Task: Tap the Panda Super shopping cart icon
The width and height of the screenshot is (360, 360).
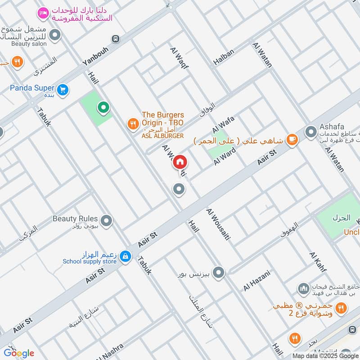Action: coord(63,90)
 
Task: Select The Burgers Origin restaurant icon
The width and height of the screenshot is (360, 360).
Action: coord(133,124)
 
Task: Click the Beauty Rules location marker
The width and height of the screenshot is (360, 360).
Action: coord(107,220)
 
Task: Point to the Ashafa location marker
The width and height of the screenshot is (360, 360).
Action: coord(311,132)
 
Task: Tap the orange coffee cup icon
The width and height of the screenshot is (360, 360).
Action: coord(292,140)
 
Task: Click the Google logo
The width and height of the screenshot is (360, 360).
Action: coord(19,352)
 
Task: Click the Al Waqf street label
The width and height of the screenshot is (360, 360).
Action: coord(179,58)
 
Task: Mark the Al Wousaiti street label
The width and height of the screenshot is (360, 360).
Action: coord(218,224)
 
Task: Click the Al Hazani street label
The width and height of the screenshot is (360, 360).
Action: coord(257,280)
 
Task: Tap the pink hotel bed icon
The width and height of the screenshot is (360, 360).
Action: coord(43,13)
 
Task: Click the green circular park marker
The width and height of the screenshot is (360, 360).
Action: coord(103,108)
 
